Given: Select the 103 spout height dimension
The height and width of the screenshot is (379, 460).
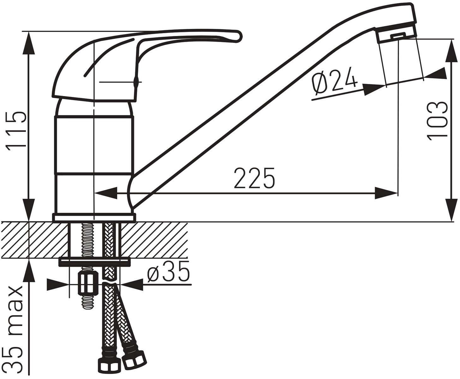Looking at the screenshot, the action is pyautogui.click(x=437, y=121).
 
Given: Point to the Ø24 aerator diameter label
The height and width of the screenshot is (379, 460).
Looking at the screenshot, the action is pyautogui.click(x=334, y=81).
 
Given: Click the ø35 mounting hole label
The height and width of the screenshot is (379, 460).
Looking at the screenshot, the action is pyautogui.click(x=168, y=272).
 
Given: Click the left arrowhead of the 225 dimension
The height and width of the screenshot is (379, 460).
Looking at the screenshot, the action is pyautogui.click(x=105, y=193).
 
